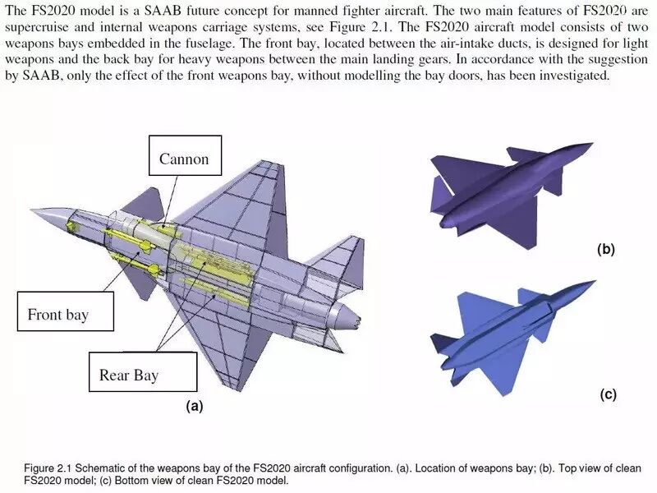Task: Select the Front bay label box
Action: pyautogui.click(x=57, y=314)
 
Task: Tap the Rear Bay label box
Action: pyautogui.click(x=129, y=375)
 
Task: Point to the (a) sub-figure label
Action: pyautogui.click(x=194, y=406)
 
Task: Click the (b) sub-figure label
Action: pyautogui.click(x=606, y=249)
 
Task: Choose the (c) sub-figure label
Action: pyautogui.click(x=608, y=394)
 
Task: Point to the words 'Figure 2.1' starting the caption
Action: pyautogui.click(x=46, y=467)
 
